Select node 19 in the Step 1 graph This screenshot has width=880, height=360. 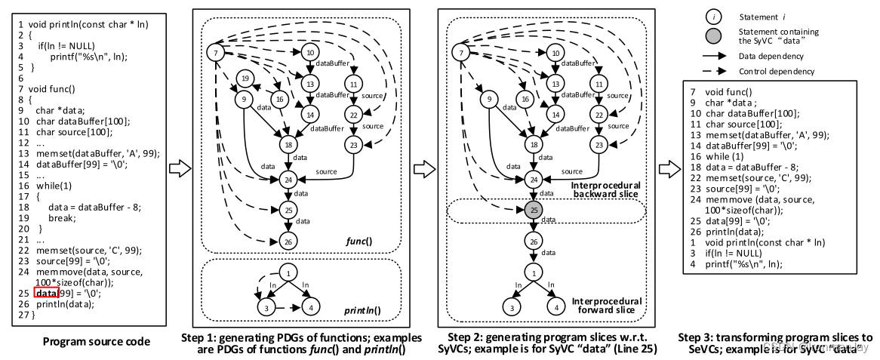[243, 78]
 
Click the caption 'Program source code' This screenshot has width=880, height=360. [96, 342]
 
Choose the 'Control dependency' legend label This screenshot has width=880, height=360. [777, 72]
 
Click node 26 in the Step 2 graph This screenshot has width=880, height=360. [534, 242]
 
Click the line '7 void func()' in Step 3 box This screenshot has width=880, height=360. [717, 91]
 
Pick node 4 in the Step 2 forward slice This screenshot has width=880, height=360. [555, 308]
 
